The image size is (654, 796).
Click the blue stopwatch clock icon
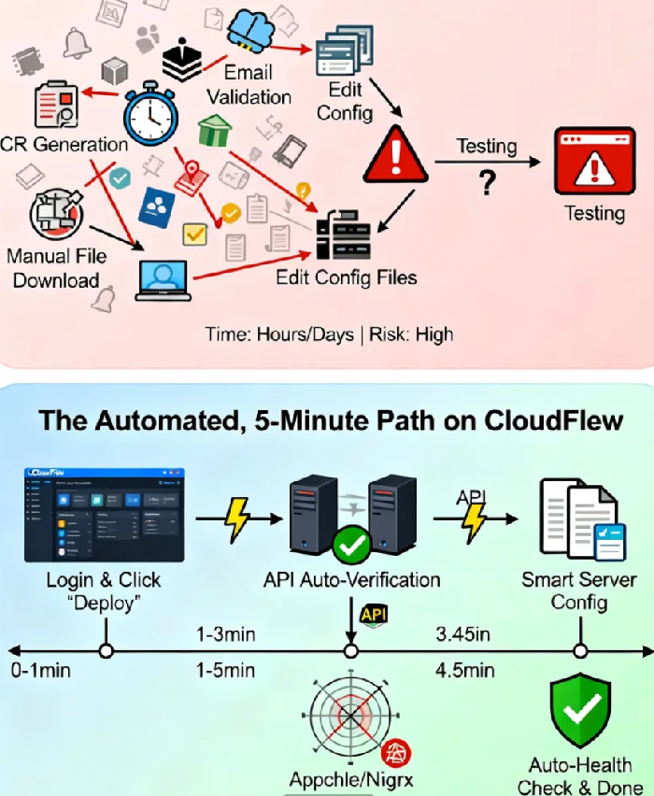pyautogui.click(x=150, y=115)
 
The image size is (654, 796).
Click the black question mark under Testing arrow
pyautogui.click(x=486, y=183)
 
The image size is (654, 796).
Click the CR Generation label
pyautogui.click(x=64, y=144)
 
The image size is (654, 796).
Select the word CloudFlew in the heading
pyautogui.click(x=556, y=420)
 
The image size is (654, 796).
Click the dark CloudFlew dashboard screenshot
pyautogui.click(x=105, y=515)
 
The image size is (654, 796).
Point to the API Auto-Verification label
pyautogui.click(x=350, y=579)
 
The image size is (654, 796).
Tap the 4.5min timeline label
pyautogui.click(x=464, y=670)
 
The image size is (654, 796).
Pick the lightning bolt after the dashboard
pyautogui.click(x=238, y=519)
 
